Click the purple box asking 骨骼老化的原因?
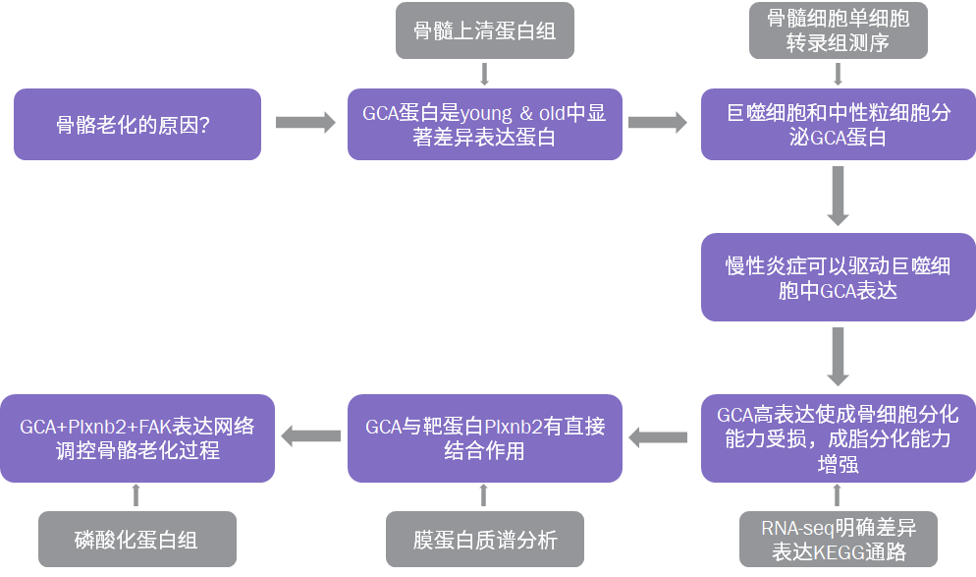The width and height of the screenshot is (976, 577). (137, 125)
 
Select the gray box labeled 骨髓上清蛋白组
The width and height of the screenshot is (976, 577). (484, 31)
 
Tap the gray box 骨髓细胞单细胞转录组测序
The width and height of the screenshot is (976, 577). (838, 31)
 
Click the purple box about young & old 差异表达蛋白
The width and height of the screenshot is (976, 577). (484, 125)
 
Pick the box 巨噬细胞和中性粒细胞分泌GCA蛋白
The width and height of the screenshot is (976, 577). (838, 125)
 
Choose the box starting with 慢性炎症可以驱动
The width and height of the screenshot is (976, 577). (838, 277)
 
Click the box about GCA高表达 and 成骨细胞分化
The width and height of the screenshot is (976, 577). (838, 437)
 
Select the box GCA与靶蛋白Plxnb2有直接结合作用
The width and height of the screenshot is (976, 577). (484, 437)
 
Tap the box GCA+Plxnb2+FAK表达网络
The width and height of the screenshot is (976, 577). (137, 437)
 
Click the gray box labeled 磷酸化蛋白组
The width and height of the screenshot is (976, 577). (137, 539)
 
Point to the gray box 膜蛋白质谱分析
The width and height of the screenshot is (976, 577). (484, 539)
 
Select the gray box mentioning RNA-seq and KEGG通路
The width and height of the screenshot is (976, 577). (838, 539)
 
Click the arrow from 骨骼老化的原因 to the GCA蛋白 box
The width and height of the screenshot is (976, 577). (304, 122)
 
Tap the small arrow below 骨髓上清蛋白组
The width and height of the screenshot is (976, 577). (484, 74)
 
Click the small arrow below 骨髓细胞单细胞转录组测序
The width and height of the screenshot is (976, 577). (838, 74)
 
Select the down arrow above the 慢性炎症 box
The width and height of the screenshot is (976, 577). (838, 196)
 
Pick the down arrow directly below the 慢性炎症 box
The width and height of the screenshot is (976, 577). (838, 356)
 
